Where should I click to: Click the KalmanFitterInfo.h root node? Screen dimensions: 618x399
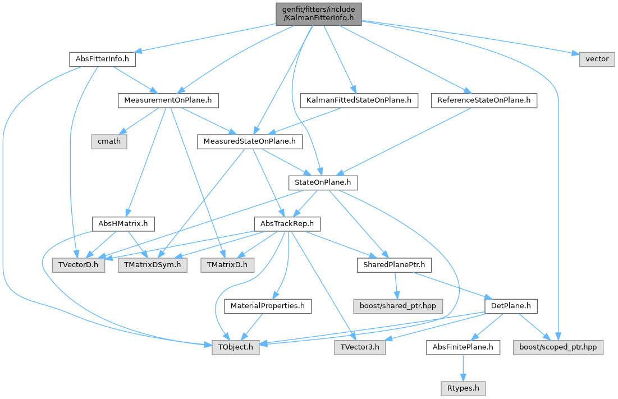[x=318, y=14]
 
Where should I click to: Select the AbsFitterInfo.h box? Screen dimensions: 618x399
[x=103, y=59]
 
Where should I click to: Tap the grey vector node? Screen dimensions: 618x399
[x=597, y=59]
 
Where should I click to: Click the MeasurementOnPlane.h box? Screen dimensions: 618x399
[x=168, y=100]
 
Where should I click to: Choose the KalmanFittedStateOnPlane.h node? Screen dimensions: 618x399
[x=359, y=100]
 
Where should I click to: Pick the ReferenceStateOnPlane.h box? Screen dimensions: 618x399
[x=484, y=100]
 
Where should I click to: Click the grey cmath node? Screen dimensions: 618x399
[x=109, y=141]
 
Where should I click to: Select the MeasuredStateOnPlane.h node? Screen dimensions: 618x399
[x=250, y=141]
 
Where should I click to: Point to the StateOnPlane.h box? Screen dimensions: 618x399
[x=323, y=183]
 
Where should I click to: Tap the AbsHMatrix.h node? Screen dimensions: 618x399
[x=123, y=224]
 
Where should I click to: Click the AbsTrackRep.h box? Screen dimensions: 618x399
[x=287, y=224]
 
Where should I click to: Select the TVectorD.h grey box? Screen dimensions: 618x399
[x=79, y=265]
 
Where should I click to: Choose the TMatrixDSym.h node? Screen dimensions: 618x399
[x=153, y=265]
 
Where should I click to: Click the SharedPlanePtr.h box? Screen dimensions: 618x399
[x=394, y=265]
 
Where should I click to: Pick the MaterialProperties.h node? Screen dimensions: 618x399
[x=268, y=306]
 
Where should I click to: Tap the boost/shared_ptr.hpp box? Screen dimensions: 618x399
[x=398, y=306]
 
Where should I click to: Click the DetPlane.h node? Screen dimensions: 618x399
[x=511, y=306]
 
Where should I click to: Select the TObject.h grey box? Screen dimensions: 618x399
[x=236, y=347]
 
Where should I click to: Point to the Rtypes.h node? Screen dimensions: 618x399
[x=463, y=388]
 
